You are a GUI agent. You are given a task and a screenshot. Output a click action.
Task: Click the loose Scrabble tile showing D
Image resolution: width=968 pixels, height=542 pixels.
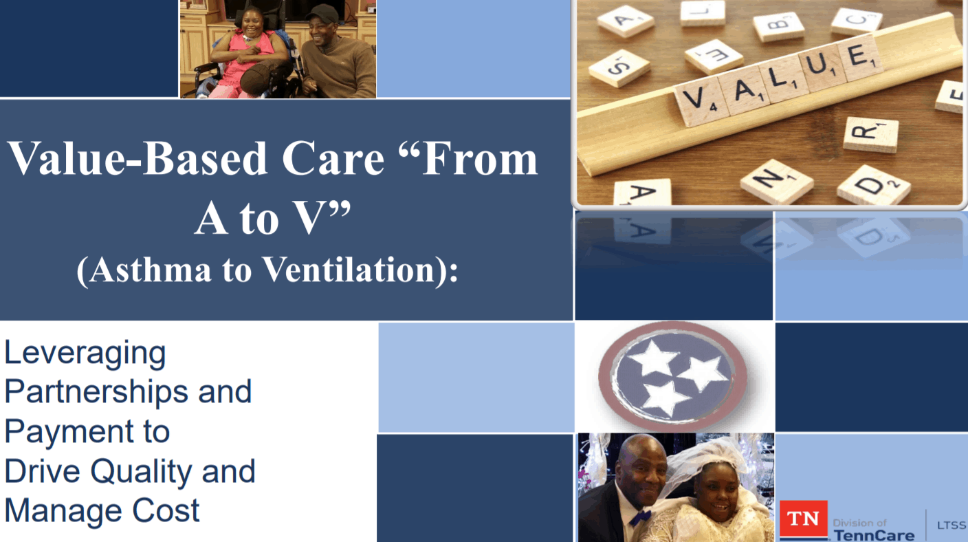[873, 184]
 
